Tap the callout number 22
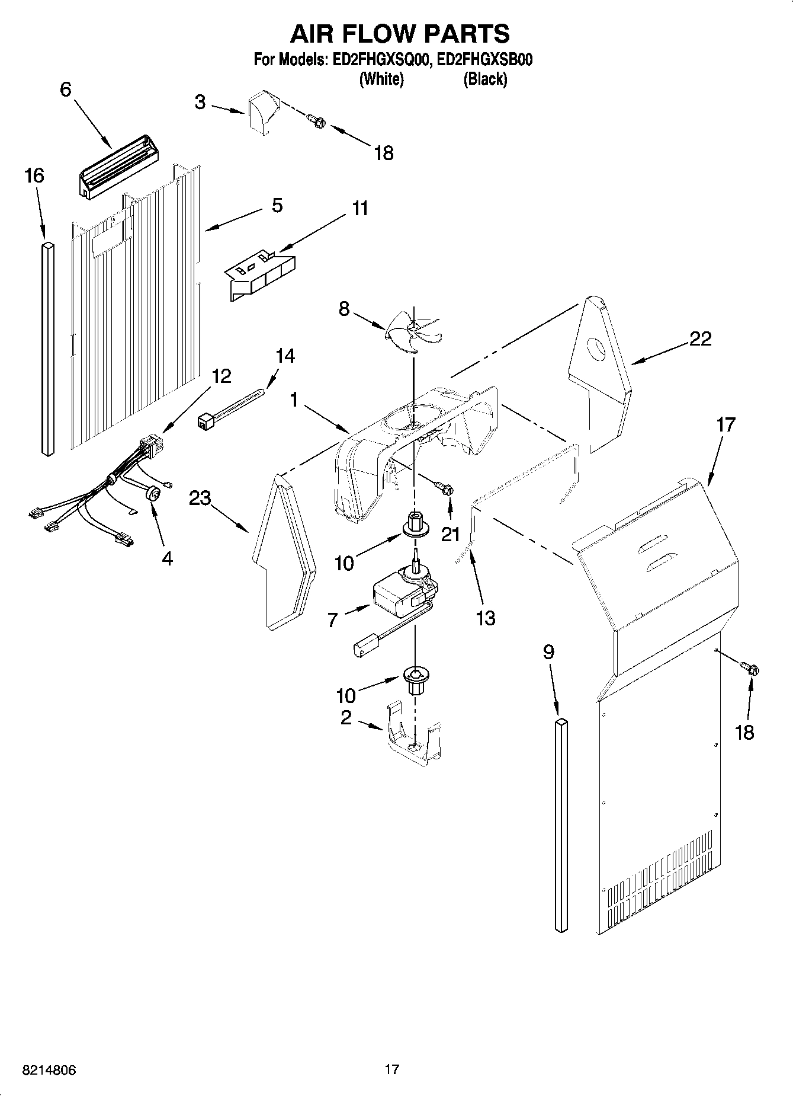point(700,338)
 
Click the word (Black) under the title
point(485,79)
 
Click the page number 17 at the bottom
point(391,1069)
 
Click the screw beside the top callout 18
point(317,121)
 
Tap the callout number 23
point(200,499)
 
